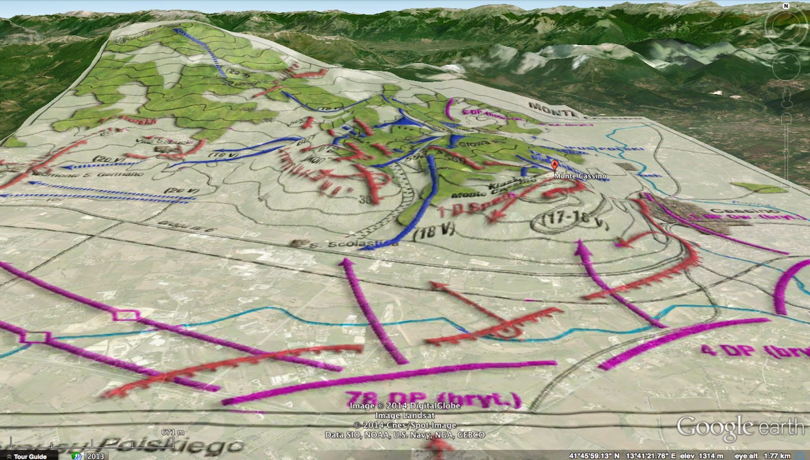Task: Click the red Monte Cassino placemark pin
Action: (x=554, y=166)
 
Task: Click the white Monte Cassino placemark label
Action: (x=580, y=176)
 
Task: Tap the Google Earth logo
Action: (x=740, y=427)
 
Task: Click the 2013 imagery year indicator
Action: (x=95, y=456)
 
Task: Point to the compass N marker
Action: (x=786, y=6)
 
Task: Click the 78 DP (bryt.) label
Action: (x=433, y=400)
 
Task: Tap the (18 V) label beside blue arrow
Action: (x=434, y=232)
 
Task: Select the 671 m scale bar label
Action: (x=173, y=432)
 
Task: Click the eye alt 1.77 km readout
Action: (x=763, y=456)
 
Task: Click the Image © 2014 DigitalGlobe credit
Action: (x=405, y=405)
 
